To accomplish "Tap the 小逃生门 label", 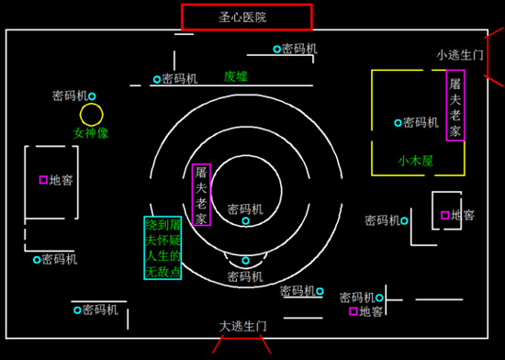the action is pyautogui.click(x=459, y=55).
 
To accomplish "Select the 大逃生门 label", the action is pyautogui.click(x=242, y=326).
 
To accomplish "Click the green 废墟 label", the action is pyautogui.click(x=236, y=76).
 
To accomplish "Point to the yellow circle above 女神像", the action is pyautogui.click(x=92, y=115).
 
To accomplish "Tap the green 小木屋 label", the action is pyautogui.click(x=415, y=160).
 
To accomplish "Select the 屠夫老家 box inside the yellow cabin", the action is pyautogui.click(x=454, y=106).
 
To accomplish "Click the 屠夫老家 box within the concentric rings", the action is pyautogui.click(x=202, y=195).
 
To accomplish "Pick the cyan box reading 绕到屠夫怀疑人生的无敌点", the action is pyautogui.click(x=163, y=248).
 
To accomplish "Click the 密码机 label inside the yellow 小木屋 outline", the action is pyautogui.click(x=421, y=122).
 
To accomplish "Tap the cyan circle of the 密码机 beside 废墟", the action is pyautogui.click(x=156, y=79).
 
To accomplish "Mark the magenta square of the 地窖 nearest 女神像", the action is pyautogui.click(x=42, y=180).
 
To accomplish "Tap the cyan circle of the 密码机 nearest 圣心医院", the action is pyautogui.click(x=275, y=49).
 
